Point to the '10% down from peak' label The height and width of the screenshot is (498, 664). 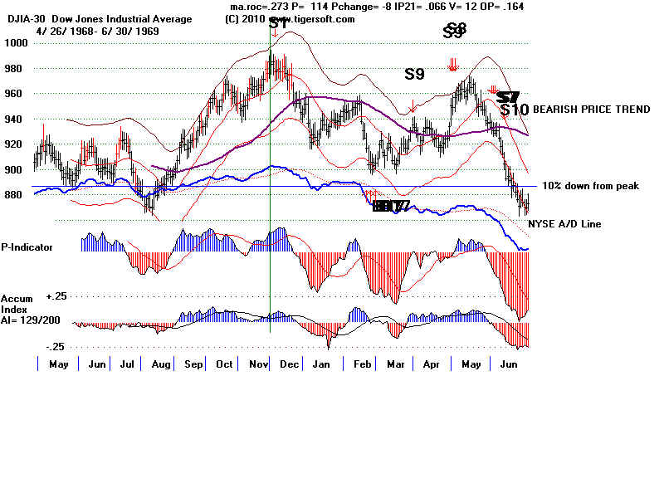pyautogui.click(x=590, y=186)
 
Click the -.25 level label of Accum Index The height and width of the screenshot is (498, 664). pyautogui.click(x=56, y=347)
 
